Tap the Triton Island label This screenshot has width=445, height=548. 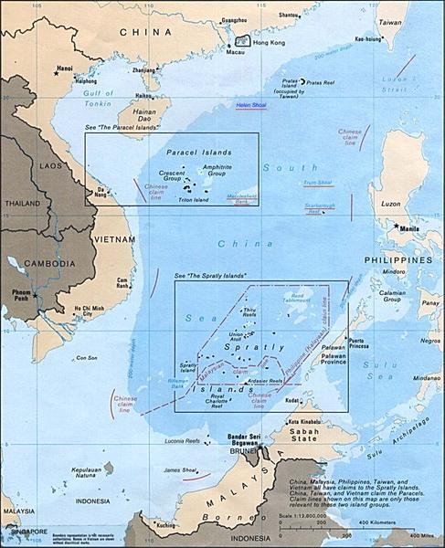coord(195,199)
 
